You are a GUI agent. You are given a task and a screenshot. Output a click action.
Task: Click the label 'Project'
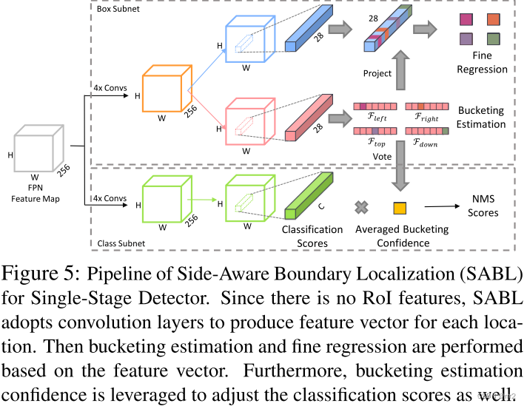coord(377,73)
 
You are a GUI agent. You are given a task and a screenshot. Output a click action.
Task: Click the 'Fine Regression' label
coord(481,62)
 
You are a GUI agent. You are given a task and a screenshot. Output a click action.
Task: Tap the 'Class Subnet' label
coord(120,242)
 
